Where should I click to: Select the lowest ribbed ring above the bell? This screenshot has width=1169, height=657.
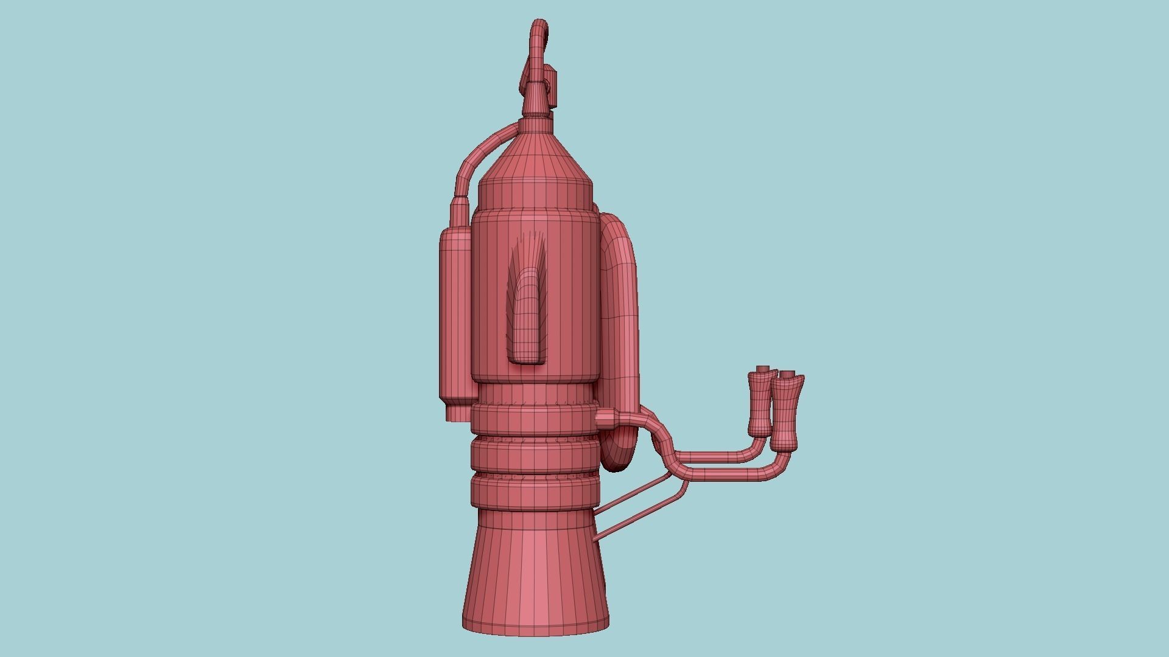[535, 491]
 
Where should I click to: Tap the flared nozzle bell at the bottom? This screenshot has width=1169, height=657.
[536, 584]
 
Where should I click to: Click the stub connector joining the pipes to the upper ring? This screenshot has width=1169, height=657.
[606, 419]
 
